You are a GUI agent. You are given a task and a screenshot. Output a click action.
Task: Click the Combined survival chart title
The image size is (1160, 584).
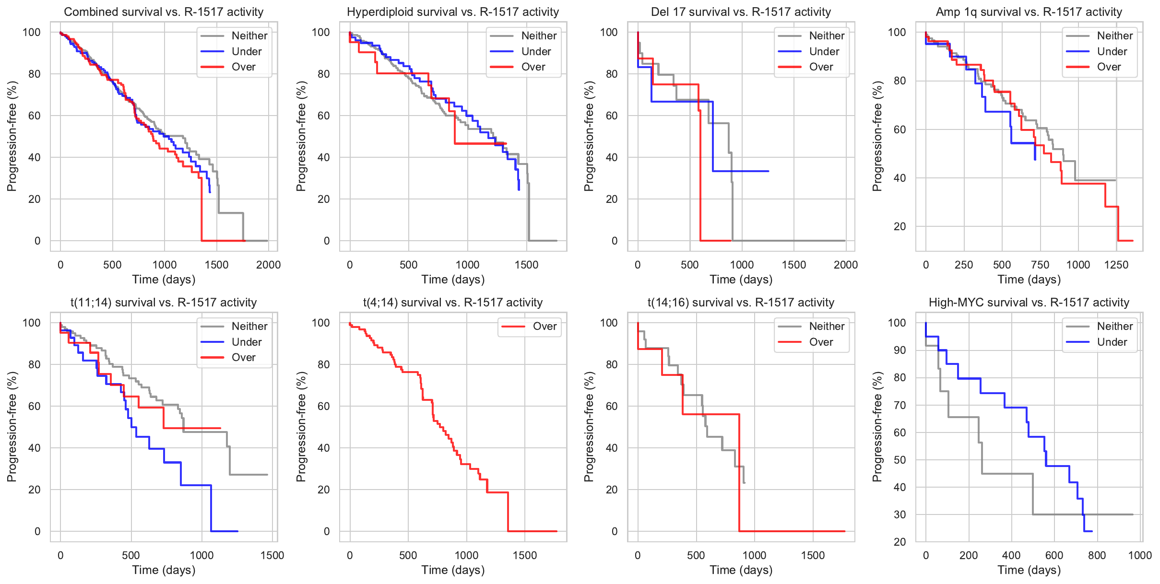click(x=164, y=12)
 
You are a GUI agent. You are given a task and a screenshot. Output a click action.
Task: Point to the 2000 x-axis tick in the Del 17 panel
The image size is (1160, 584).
click(x=845, y=265)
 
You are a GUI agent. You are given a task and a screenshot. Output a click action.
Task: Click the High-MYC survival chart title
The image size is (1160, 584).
click(x=1029, y=303)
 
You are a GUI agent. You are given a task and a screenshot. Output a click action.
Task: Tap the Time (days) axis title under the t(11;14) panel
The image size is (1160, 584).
click(x=164, y=570)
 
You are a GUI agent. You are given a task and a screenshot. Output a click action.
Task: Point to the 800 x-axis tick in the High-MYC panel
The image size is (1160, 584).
click(x=1097, y=555)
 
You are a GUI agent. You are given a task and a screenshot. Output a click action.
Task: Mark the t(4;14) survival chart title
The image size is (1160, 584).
click(x=452, y=303)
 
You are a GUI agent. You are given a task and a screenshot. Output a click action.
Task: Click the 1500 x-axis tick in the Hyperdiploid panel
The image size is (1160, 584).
click(x=526, y=265)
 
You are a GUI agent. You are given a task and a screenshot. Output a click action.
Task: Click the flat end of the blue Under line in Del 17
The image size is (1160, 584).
click(x=768, y=171)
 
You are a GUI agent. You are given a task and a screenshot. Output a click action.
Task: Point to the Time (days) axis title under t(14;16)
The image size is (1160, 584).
click(x=741, y=570)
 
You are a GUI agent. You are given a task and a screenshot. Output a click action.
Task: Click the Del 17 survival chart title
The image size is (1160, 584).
click(x=741, y=12)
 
